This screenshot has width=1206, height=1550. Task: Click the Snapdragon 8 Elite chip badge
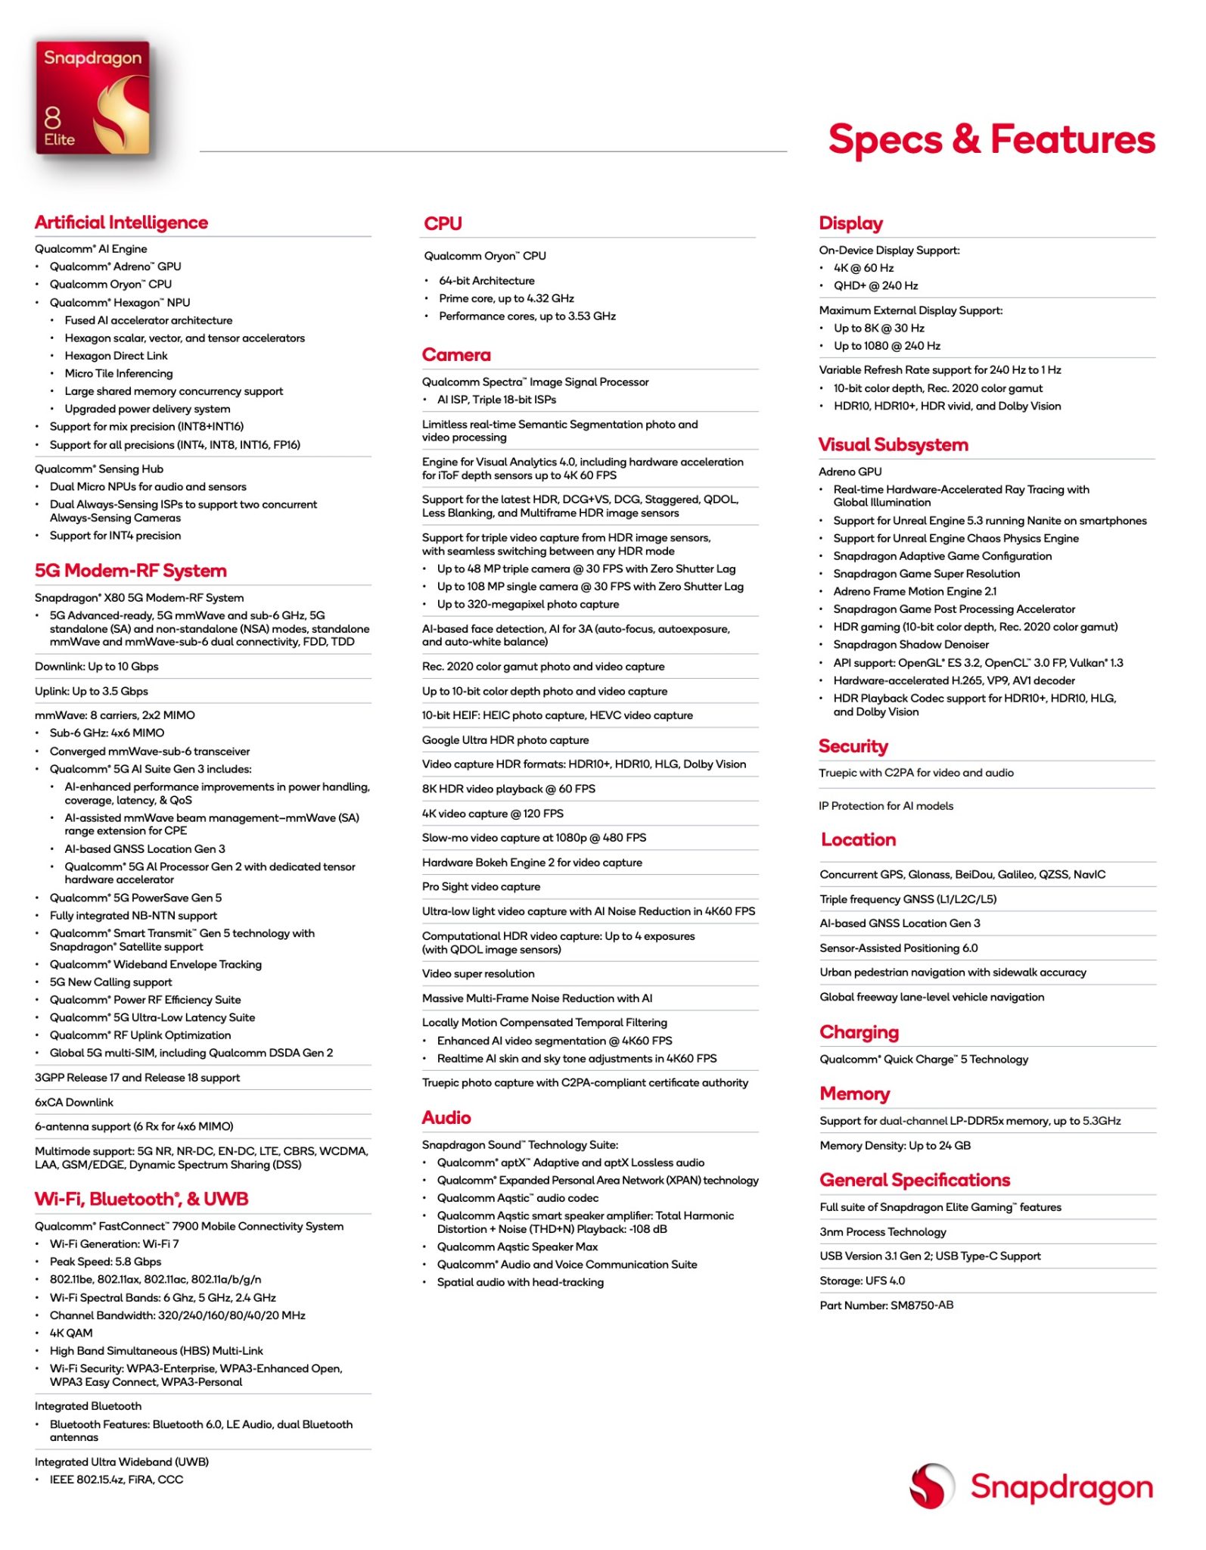point(92,98)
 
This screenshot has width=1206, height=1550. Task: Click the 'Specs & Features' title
point(991,140)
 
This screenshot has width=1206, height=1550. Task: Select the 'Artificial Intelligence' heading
point(121,223)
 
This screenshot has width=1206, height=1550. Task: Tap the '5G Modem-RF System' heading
point(131,571)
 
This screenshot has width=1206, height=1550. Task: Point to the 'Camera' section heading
point(456,355)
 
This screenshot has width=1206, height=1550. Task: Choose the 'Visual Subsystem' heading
point(893,445)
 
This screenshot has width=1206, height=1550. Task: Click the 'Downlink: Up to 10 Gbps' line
point(97,667)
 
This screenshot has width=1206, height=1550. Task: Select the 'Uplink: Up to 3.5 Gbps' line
point(92,691)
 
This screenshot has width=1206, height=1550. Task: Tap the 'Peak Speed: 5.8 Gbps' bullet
point(105,1262)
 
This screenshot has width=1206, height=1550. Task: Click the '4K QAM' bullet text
point(71,1333)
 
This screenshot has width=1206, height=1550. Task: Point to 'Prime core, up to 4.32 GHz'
point(506,298)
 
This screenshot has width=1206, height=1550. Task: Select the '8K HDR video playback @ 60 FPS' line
point(508,789)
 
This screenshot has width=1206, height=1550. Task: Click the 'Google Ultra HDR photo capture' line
point(505,740)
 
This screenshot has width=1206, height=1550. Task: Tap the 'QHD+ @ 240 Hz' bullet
point(875,285)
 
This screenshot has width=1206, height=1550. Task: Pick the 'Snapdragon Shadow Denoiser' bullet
point(911,645)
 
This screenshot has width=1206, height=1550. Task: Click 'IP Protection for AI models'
point(886,806)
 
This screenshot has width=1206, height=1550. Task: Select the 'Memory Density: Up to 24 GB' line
point(895,1146)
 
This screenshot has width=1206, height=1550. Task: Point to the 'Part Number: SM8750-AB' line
point(887,1306)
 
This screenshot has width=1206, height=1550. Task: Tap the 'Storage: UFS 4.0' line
point(863,1281)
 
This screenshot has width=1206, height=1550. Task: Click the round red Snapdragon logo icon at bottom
point(931,1486)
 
